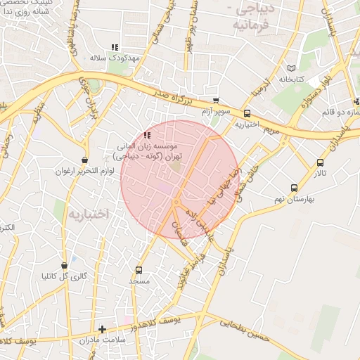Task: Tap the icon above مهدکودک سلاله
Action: [115, 47]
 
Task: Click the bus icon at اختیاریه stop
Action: [247, 113]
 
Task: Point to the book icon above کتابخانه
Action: [292, 68]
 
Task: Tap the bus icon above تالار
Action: [321, 163]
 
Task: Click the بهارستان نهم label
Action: [294, 199]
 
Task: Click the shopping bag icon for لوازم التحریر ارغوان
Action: [84, 160]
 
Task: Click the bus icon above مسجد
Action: [139, 270]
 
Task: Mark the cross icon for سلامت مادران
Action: [103, 329]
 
